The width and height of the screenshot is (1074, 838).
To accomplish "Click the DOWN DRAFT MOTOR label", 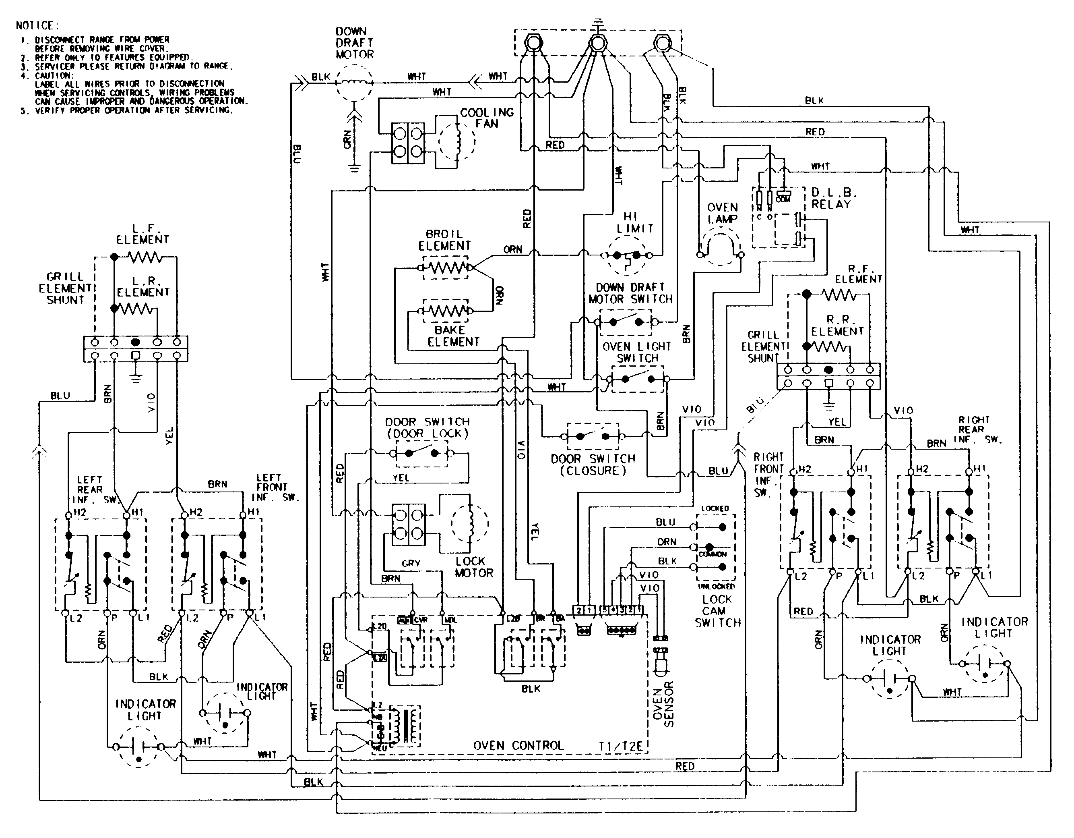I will pos(354,43).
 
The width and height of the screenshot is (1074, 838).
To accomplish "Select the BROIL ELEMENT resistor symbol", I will pos(445,267).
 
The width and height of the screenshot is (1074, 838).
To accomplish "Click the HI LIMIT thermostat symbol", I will pos(626,255).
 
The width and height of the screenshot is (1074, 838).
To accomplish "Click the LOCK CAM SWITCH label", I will pos(717,611).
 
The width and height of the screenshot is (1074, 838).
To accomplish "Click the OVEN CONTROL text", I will pos(518,745).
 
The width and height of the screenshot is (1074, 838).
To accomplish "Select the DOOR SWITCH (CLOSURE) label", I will pos(593,465).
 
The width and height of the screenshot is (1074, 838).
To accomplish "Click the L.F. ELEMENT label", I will pos(143,234).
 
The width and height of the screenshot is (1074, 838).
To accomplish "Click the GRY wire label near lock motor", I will pos(411,563).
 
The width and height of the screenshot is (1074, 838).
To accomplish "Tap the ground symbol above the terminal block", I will pos(597,22).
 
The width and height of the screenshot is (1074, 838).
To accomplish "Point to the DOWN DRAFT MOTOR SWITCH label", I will pos(630,293).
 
